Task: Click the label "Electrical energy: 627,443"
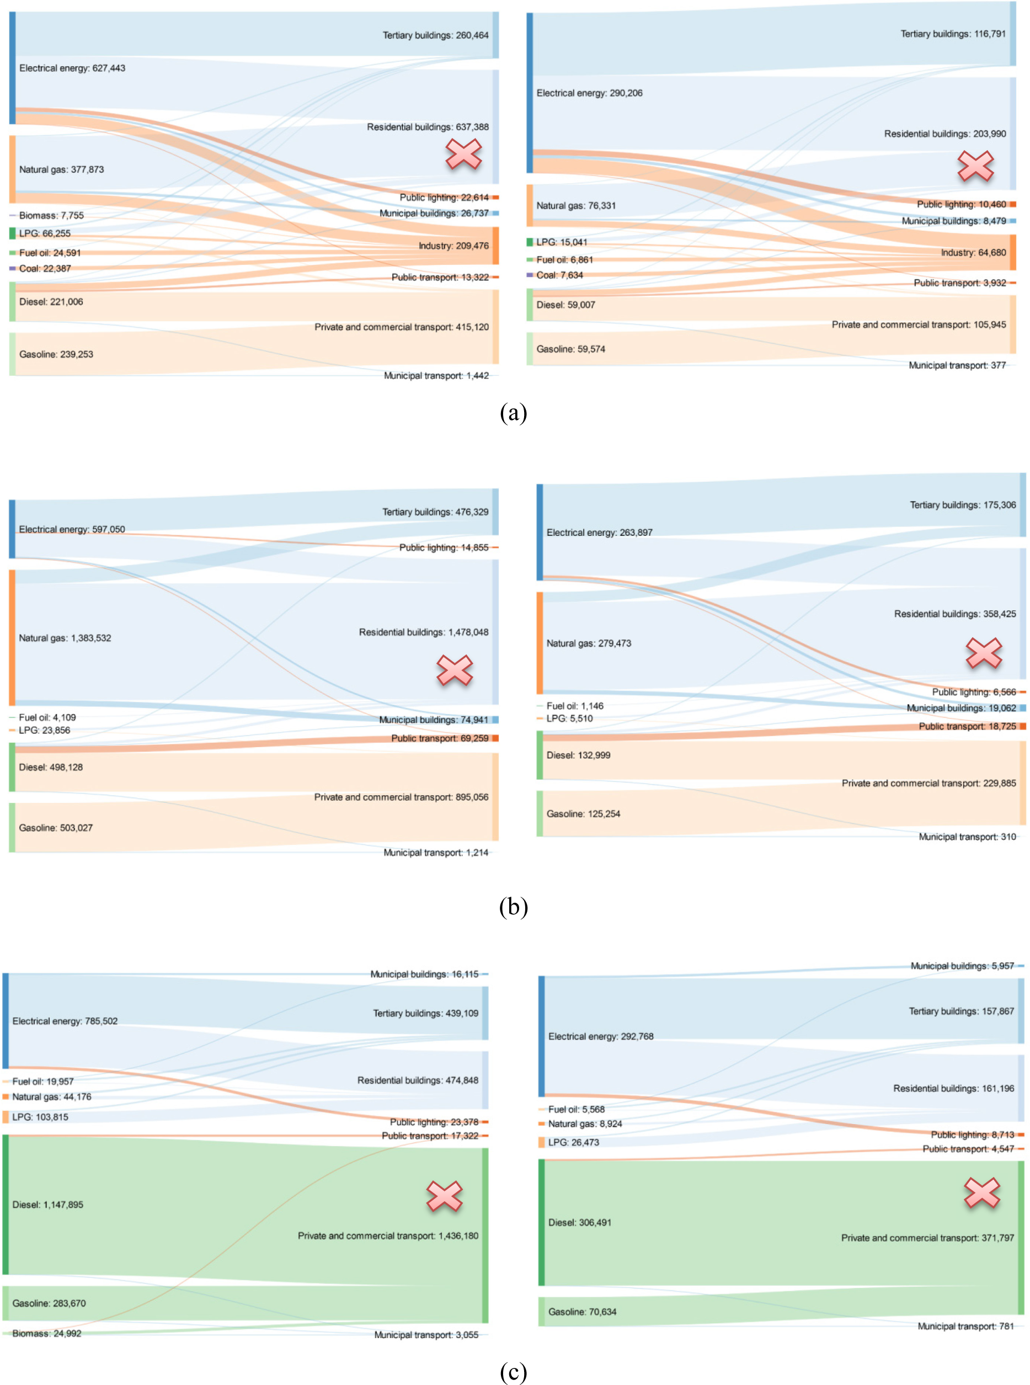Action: coord(72,68)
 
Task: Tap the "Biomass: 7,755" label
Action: coord(51,215)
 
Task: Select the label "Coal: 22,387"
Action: coord(45,268)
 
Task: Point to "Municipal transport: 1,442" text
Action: coord(436,375)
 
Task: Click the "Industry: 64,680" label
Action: coord(973,253)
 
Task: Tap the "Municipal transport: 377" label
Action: coord(957,365)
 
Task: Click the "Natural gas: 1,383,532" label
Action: coord(65,638)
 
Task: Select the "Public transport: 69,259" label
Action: coord(440,738)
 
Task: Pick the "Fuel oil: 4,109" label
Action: coord(47,717)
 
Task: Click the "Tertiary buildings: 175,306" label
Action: coord(963,504)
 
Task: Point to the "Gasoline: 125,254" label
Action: coord(583,814)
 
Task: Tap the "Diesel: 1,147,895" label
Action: coord(47,1205)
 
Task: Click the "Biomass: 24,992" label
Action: coord(47,1333)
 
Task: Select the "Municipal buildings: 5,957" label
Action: coord(962,966)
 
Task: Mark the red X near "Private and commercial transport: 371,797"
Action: coord(982,1192)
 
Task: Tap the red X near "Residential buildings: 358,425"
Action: coord(984,653)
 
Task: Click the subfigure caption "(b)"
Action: coord(513,907)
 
